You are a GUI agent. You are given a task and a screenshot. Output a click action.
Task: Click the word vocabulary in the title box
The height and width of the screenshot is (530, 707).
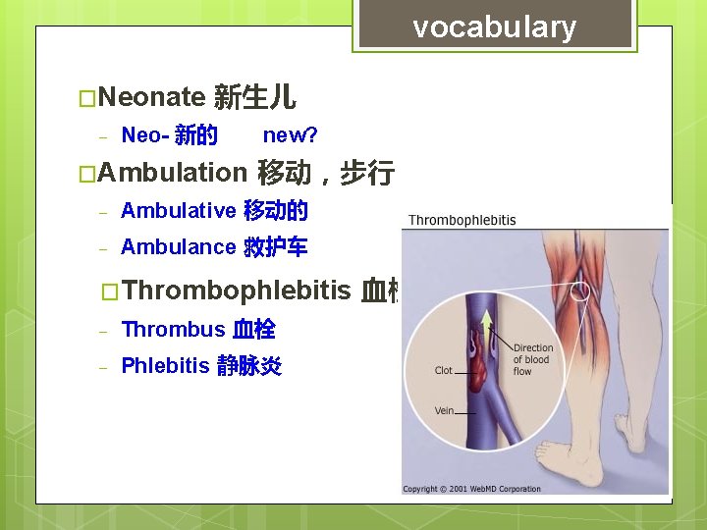[x=494, y=27]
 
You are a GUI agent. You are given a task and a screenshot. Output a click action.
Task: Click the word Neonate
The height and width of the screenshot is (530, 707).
[x=151, y=96]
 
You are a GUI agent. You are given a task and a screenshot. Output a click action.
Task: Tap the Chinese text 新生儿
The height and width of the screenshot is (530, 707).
[x=254, y=96]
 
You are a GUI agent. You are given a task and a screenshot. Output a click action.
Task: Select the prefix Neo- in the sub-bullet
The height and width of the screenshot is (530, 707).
[x=144, y=134]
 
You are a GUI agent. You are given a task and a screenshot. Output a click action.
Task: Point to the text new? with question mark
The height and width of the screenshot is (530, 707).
[x=290, y=133]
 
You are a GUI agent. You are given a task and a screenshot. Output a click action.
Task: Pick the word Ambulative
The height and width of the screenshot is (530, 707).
[x=178, y=210]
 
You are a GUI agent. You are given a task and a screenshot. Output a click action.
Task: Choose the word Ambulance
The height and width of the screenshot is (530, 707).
[x=178, y=247]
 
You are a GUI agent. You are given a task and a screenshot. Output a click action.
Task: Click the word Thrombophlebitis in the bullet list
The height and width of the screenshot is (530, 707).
[x=238, y=290]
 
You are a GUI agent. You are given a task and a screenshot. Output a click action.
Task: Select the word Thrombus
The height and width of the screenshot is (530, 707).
[x=173, y=330]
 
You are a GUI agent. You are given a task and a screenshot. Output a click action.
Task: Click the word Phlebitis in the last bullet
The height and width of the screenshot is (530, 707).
[x=165, y=366]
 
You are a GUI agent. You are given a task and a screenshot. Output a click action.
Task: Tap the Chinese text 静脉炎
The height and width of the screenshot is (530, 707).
[x=248, y=366]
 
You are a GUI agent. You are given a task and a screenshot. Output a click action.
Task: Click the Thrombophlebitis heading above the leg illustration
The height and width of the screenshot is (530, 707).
[x=462, y=220]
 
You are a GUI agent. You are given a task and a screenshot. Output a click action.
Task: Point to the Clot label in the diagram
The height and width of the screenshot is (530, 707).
[x=444, y=370]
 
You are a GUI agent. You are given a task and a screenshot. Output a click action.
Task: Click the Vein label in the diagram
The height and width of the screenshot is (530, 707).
[x=445, y=410]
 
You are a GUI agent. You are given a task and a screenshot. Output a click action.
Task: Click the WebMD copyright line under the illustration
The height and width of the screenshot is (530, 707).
[x=472, y=489]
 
